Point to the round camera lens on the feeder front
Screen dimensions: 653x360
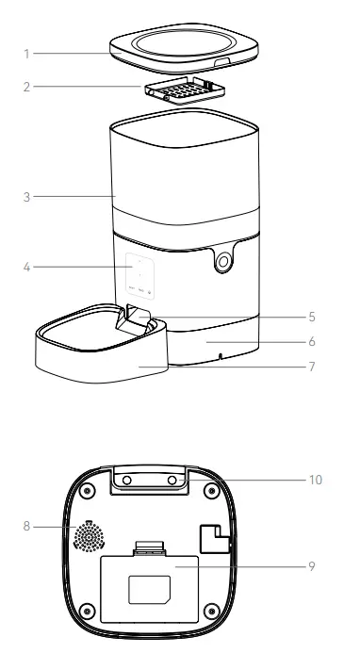tap(223, 264)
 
